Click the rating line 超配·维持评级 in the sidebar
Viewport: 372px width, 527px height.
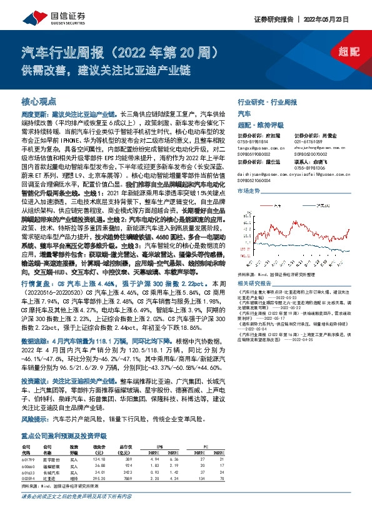pyautogui.click(x=262, y=123)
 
